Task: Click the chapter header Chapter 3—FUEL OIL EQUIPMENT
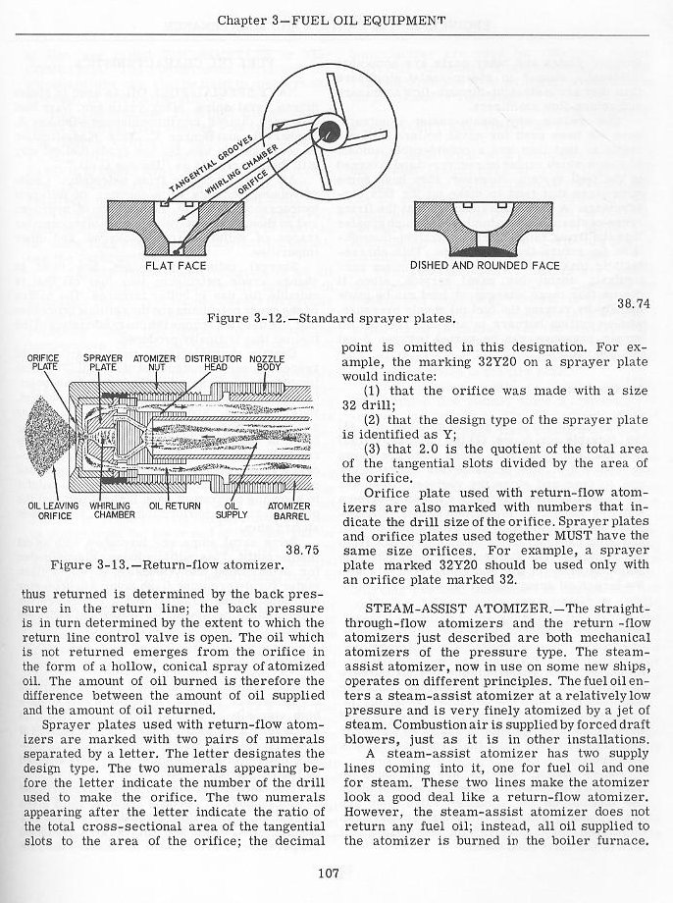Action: [x=333, y=20]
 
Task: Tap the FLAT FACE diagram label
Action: [x=177, y=265]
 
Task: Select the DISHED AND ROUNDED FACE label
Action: [x=485, y=265]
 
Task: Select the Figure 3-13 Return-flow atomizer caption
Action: [x=163, y=565]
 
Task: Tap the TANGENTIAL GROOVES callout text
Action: [x=213, y=161]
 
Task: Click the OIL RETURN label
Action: [x=175, y=506]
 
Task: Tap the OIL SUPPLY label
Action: [x=232, y=510]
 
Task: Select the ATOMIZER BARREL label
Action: [x=289, y=510]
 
